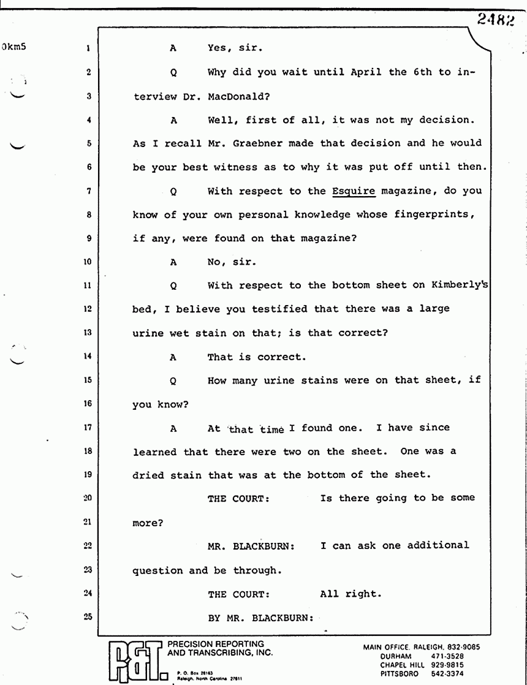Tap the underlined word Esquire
click(x=354, y=191)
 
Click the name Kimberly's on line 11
click(x=453, y=285)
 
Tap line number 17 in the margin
click(x=88, y=428)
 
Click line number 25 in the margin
click(x=88, y=617)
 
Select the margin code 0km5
click(x=13, y=47)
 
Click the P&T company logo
click(x=133, y=661)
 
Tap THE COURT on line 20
click(x=238, y=499)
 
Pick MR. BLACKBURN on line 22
click(x=251, y=546)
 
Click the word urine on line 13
click(x=148, y=333)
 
